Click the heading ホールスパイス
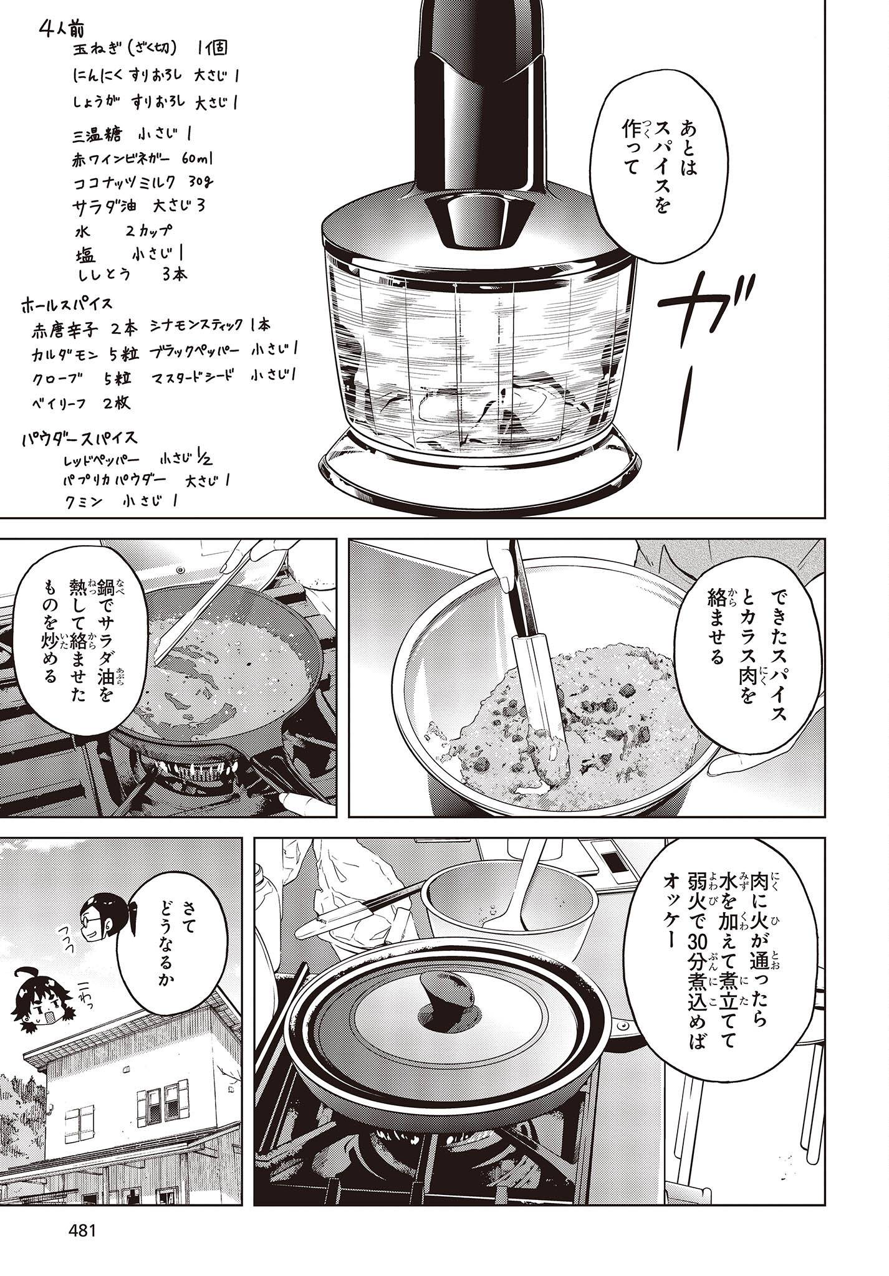point(66,305)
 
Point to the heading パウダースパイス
point(79,437)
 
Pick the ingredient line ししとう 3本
point(133,274)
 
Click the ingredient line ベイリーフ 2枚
point(90,402)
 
